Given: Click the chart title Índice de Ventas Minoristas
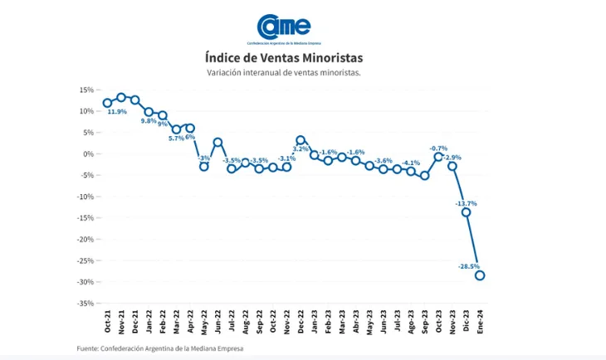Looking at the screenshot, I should (x=283, y=58).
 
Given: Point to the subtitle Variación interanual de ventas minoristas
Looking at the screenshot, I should (x=284, y=73).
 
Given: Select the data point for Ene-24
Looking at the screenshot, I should (x=480, y=275).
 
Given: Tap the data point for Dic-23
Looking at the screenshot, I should (x=466, y=212).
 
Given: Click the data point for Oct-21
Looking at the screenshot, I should (x=107, y=103).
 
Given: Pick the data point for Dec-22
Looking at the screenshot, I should (x=301, y=140).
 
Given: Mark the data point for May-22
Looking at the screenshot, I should (x=203, y=167).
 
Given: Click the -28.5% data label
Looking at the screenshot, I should (x=470, y=265).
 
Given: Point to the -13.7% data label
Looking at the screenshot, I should (x=466, y=202).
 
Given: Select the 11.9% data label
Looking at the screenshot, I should (x=117, y=111).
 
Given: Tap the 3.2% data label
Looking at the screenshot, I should (x=301, y=149).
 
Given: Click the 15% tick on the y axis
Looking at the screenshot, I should (x=86, y=90).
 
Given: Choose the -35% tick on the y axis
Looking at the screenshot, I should (x=83, y=303).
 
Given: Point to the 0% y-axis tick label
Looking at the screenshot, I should (x=87, y=153).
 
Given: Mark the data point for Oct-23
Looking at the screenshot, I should (x=438, y=156).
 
